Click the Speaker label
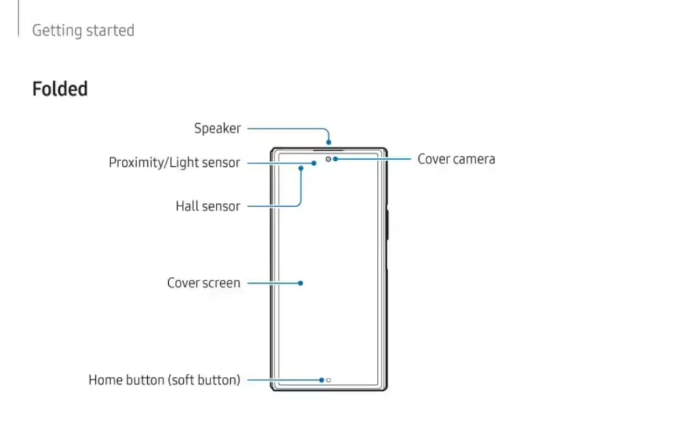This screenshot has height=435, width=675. coord(217,128)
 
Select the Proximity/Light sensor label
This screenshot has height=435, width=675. coord(174,163)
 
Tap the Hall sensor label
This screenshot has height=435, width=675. coord(208,206)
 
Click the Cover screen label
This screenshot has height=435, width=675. coord(204,283)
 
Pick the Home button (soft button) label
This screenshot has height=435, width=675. coord(164,380)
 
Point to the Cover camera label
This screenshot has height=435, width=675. coord(456,159)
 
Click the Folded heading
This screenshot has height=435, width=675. coord(60,89)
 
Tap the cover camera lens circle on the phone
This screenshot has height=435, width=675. coord(328,159)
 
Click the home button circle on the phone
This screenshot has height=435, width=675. coord(328,380)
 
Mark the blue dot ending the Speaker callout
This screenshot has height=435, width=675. coord(329,143)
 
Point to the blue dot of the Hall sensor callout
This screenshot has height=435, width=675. coord(300,167)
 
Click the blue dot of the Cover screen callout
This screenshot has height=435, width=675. coord(300,283)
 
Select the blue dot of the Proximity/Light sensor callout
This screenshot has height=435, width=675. coord(314,163)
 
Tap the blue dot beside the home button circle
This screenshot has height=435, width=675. coord(321,380)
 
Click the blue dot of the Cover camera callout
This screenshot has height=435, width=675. coord(335,159)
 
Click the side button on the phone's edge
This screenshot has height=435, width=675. coord(386,224)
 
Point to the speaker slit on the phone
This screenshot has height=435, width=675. coord(329,149)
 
